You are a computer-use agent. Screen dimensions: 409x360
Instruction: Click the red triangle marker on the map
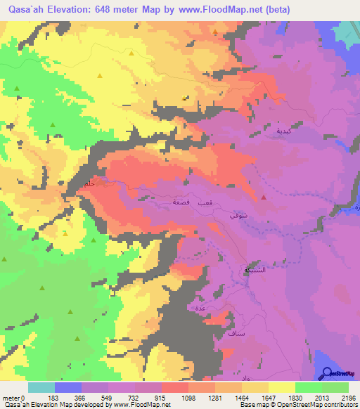point(264,197)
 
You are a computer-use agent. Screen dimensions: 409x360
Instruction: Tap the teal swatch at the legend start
point(41,387)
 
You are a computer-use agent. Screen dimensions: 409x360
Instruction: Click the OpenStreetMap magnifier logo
point(326,374)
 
